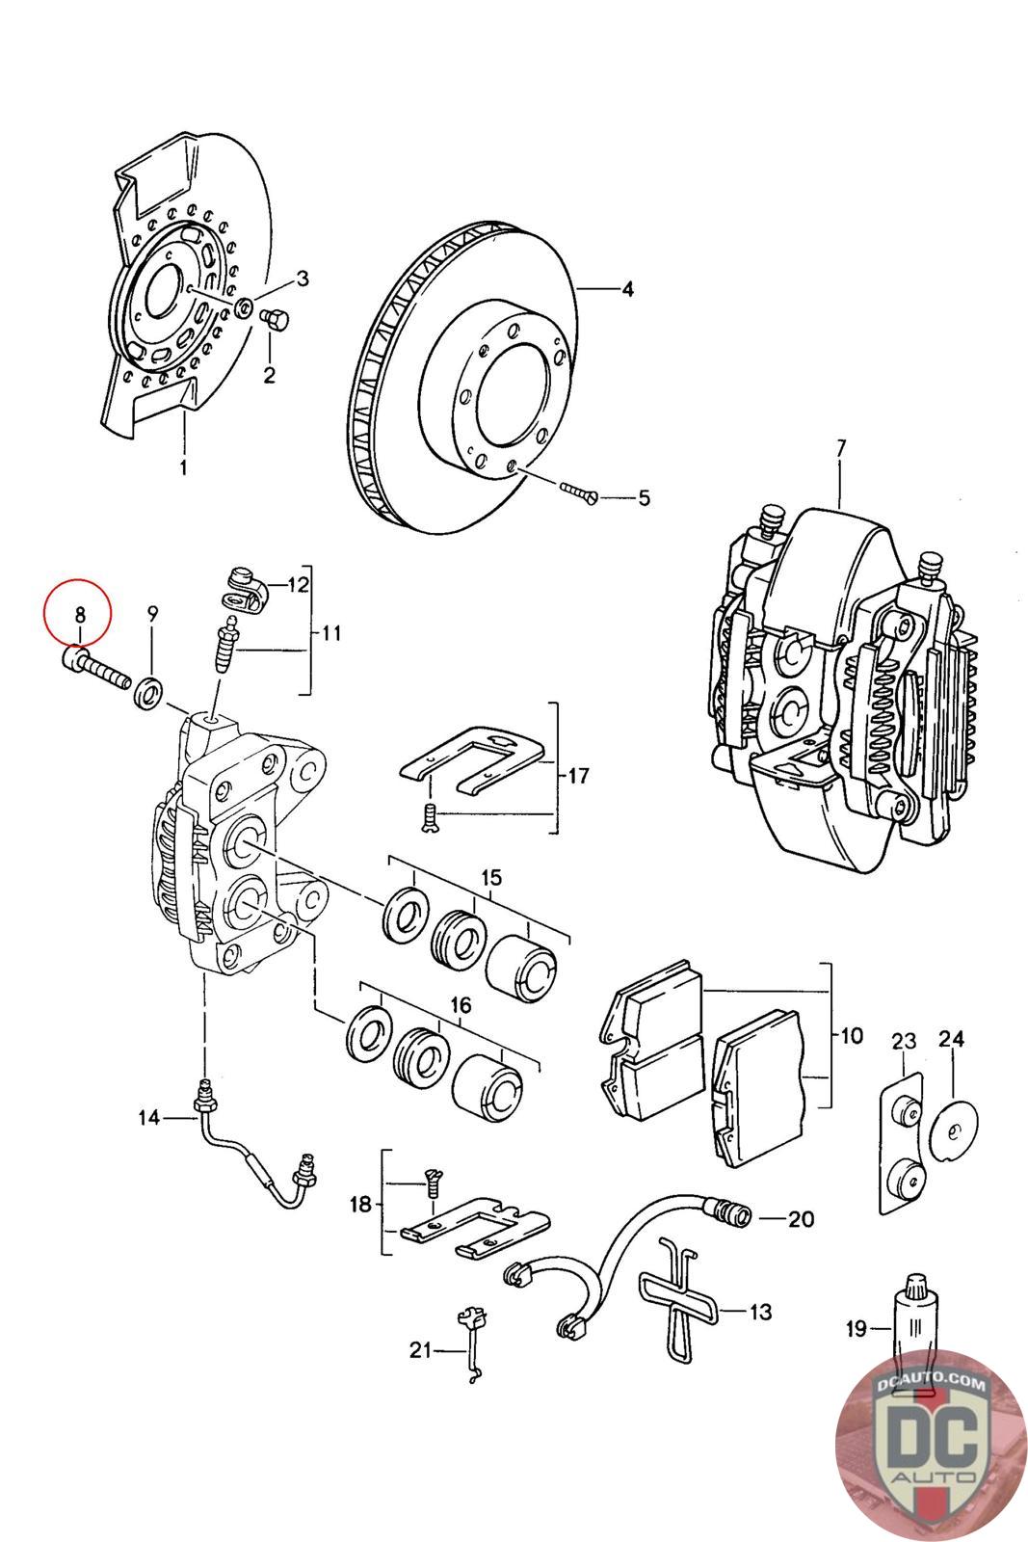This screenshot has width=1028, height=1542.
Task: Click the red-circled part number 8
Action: click(x=80, y=613)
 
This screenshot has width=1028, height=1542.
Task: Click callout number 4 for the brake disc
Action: click(x=627, y=289)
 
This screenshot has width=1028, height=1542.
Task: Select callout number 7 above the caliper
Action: click(x=840, y=448)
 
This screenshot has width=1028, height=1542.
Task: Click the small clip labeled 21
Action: click(x=470, y=1346)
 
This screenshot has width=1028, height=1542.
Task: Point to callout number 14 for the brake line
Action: click(x=148, y=1118)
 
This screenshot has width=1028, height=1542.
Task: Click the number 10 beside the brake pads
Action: click(x=852, y=1037)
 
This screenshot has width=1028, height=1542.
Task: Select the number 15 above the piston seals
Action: click(x=491, y=877)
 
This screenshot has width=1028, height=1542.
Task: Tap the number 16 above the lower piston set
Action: click(x=461, y=1005)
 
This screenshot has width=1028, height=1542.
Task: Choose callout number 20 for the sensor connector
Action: click(x=801, y=1219)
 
